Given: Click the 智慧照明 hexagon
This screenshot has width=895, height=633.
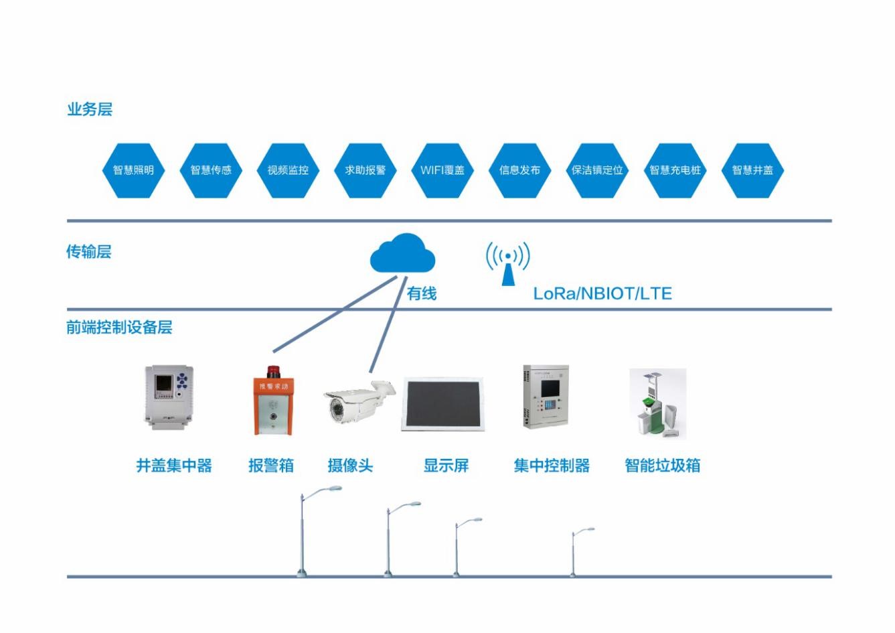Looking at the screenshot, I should point(133,170).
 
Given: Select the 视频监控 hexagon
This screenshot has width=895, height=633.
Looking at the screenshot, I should point(288,170).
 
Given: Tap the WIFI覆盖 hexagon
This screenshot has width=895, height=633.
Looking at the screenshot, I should point(442,170).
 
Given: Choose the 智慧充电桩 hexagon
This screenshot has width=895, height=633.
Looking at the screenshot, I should point(675,170).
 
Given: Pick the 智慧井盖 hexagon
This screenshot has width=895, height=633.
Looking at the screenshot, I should point(752,170).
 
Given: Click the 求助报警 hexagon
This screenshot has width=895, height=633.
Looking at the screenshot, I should point(365,170).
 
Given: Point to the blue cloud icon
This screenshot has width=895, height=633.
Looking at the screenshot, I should point(402,254).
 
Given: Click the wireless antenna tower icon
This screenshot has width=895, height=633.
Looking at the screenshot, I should point(508,264).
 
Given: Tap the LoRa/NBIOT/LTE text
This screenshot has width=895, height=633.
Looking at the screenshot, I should point(602,293).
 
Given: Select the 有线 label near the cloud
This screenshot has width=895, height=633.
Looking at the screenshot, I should point(422,293).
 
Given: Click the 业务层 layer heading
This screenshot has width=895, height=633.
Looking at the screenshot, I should point(90,109).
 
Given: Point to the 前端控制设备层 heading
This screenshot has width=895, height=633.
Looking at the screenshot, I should point(119,328).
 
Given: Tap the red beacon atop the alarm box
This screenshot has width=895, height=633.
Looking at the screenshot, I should point(272,371).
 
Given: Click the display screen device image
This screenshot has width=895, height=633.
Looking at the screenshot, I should point(444,403).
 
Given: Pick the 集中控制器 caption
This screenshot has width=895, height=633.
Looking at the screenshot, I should point(552,466).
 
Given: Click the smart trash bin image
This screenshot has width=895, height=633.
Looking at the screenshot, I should point(657,403).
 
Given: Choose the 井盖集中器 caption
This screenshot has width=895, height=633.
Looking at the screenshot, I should point(174,466).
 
